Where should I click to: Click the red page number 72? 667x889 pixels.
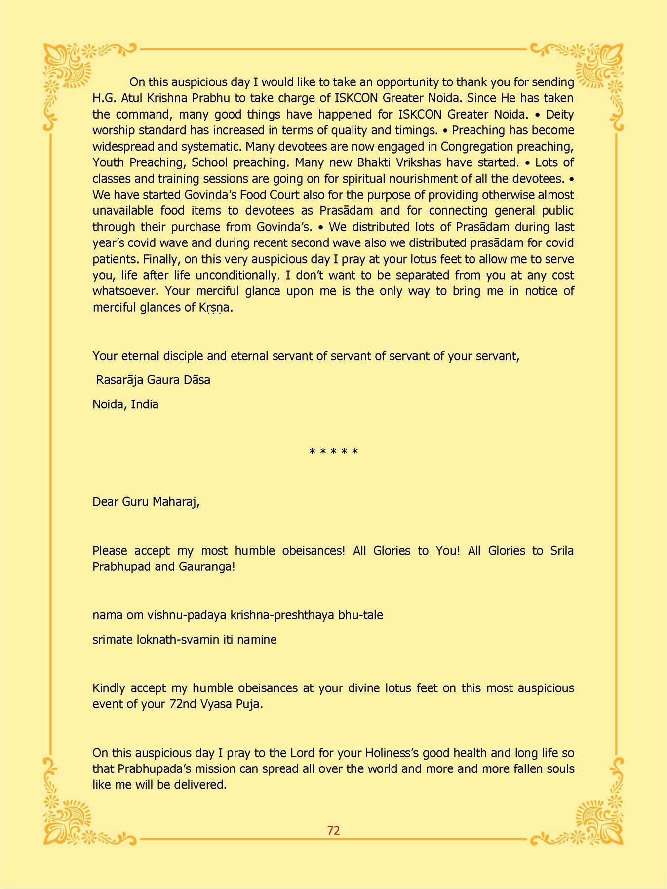pyautogui.click(x=333, y=831)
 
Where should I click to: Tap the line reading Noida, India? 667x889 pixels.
pyautogui.click(x=125, y=404)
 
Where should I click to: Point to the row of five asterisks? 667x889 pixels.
pyautogui.click(x=333, y=452)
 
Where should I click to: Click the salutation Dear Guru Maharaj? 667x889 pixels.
pyautogui.click(x=146, y=502)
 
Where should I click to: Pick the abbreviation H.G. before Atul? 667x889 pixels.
pyautogui.click(x=103, y=98)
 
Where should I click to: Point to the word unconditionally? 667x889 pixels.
pyautogui.click(x=237, y=275)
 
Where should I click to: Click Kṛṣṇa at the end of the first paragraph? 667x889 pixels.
pyautogui.click(x=215, y=308)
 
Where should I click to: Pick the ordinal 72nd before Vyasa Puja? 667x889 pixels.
pyautogui.click(x=183, y=704)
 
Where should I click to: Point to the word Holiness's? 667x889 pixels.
pyautogui.click(x=399, y=753)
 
